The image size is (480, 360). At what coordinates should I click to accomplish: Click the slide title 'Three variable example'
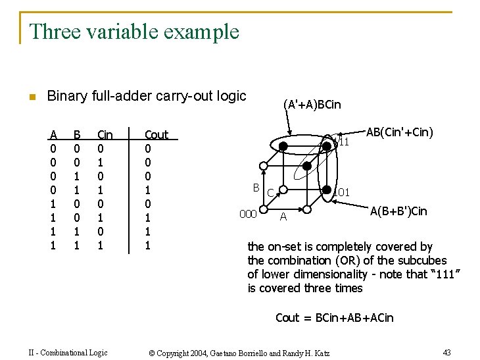(x=134, y=32)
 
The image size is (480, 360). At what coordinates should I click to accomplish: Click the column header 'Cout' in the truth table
(x=156, y=135)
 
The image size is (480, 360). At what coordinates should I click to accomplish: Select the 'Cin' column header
(x=105, y=135)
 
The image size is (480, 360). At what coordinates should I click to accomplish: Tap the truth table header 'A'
(x=53, y=135)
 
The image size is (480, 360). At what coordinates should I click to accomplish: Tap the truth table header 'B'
(x=77, y=135)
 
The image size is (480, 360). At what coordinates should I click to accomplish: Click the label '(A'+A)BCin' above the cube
(x=312, y=105)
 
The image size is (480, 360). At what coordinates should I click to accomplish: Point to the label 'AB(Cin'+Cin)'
(x=399, y=132)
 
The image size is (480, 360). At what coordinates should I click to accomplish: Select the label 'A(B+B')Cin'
(x=398, y=211)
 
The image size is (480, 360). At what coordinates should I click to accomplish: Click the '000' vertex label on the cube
(x=247, y=215)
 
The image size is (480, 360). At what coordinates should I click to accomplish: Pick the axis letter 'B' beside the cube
(x=257, y=187)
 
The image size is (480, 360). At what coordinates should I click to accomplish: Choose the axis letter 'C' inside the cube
(x=270, y=193)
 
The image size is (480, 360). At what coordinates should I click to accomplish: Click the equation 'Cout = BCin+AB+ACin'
(x=334, y=318)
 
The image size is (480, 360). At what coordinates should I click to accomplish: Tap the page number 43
(x=446, y=353)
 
